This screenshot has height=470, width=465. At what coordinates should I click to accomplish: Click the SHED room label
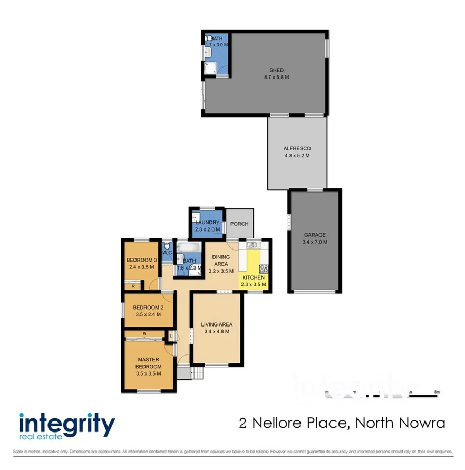pyautogui.click(x=276, y=70)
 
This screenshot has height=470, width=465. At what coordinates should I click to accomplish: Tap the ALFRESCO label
pyautogui.click(x=297, y=149)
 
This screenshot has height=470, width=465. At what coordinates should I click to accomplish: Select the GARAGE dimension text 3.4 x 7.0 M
pyautogui.click(x=315, y=242)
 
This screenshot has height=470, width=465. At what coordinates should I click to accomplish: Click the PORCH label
pyautogui.click(x=239, y=224)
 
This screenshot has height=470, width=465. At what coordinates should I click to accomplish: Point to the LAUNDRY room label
pyautogui.click(x=207, y=223)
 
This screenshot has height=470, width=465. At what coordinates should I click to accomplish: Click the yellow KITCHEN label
pyautogui.click(x=254, y=277)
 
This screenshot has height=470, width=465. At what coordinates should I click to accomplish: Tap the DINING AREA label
pyautogui.click(x=220, y=260)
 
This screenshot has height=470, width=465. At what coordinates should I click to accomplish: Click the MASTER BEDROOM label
pyautogui.click(x=148, y=363)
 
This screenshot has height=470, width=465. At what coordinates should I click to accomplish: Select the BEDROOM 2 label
pyautogui.click(x=148, y=308)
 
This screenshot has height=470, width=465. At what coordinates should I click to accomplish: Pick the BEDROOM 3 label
pyautogui.click(x=141, y=260)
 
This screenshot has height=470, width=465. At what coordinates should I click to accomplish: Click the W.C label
pyautogui.click(x=167, y=253)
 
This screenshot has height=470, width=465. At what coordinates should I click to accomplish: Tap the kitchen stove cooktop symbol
pyautogui.click(x=264, y=268)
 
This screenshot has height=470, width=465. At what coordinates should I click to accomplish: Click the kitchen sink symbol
pyautogui.click(x=251, y=244)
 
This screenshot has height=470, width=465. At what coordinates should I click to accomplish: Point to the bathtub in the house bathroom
pyautogui.click(x=188, y=246)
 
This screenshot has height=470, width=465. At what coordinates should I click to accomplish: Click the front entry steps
pyautogui.click(x=197, y=373)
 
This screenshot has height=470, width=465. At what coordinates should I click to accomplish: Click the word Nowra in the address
pyautogui.click(x=427, y=423)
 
